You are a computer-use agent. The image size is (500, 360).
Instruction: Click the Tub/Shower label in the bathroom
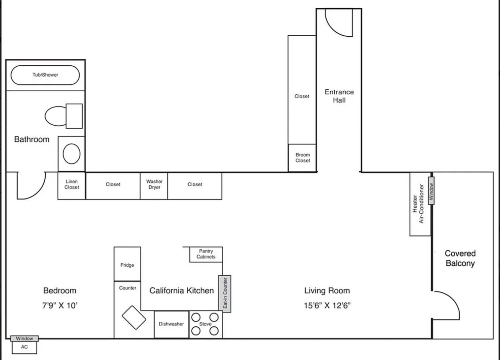(x=45, y=75)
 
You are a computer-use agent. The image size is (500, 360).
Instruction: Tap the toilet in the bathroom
(x=64, y=116)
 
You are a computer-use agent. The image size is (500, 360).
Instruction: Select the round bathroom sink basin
(x=71, y=154)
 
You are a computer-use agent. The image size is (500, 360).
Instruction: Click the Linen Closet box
(x=72, y=186)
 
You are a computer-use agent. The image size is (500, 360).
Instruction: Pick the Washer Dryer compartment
(x=154, y=186)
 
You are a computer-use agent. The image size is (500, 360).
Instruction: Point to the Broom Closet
(x=303, y=158)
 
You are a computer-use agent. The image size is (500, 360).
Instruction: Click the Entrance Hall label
(x=339, y=96)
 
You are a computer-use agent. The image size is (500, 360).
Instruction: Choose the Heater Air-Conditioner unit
(x=420, y=204)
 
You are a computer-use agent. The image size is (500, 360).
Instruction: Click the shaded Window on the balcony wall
(x=431, y=190)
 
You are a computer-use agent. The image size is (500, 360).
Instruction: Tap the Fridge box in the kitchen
(x=127, y=264)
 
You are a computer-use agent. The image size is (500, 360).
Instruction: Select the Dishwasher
(x=171, y=324)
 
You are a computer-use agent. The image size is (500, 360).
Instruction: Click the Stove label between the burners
(x=205, y=324)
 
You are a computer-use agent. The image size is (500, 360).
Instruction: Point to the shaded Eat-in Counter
(x=225, y=294)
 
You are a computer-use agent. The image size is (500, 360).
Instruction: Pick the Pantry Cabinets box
(x=206, y=254)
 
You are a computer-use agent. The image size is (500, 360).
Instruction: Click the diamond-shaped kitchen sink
(x=134, y=318)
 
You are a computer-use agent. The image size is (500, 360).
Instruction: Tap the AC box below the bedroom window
(x=24, y=347)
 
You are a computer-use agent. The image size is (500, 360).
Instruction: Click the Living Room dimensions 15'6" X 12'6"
(x=327, y=305)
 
